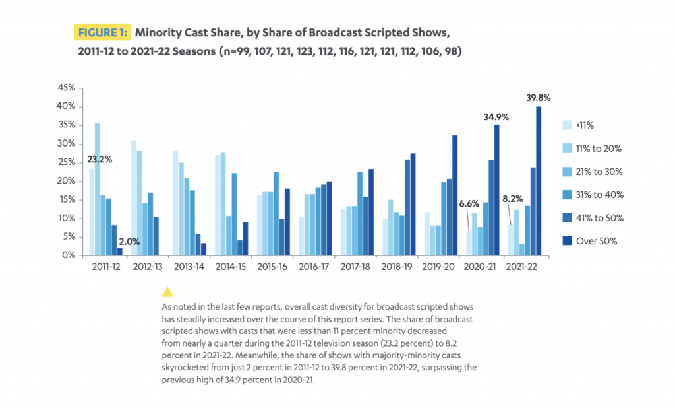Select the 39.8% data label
point(538,98)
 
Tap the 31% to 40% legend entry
point(597,195)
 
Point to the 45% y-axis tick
point(68,88)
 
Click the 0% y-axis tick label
point(71,255)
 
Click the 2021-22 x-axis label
point(521,268)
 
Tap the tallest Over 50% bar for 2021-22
point(539,181)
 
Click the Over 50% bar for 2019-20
point(455,195)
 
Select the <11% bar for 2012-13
point(134,198)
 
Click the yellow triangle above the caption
point(167,292)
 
